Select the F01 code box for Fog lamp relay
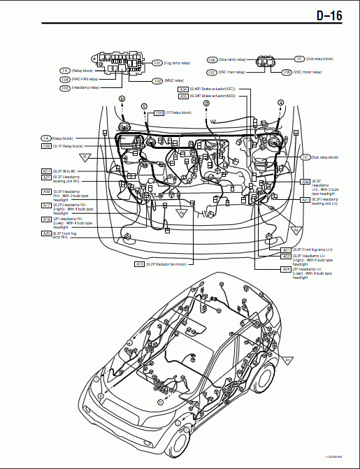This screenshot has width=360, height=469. (158, 63)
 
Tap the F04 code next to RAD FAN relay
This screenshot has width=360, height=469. (65, 80)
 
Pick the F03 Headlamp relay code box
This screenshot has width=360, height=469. (65, 88)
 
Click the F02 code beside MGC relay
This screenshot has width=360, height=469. (158, 81)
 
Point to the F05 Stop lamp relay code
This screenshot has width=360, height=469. (213, 60)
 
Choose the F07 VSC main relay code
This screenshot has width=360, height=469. (212, 72)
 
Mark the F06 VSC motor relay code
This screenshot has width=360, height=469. (287, 72)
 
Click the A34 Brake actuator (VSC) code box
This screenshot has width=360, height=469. (183, 89)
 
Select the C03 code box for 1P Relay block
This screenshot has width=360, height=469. (159, 113)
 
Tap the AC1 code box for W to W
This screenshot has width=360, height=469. (46, 171)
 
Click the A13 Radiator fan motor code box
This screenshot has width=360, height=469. (140, 264)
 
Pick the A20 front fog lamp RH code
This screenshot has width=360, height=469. (46, 233)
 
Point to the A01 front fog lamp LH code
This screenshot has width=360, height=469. (286, 250)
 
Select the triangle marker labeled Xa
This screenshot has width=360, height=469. (296, 230)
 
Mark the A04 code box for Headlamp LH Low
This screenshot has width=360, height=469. (286, 268)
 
